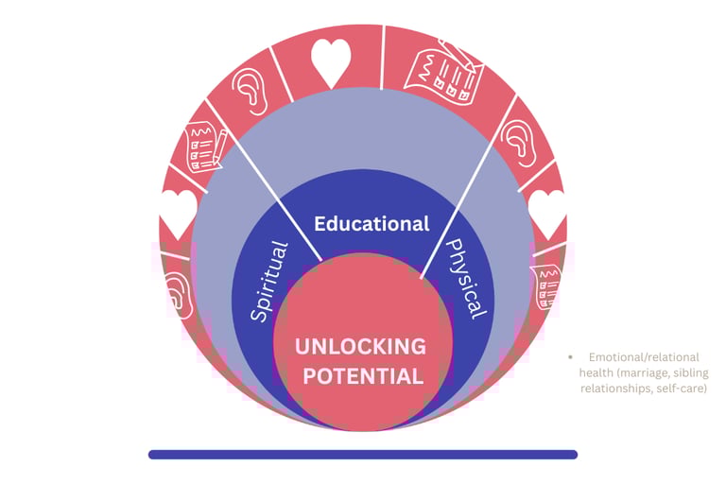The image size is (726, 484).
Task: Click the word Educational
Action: (372, 224)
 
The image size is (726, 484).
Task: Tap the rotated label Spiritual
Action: (268, 281)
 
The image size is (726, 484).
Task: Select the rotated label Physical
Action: (466, 278)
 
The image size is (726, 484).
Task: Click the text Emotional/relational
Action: (643, 357)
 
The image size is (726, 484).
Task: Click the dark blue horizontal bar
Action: (362, 455)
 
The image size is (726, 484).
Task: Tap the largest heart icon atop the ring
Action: (331, 62)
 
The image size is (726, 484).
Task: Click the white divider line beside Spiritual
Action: (264, 188)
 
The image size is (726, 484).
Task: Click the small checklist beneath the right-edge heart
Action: (545, 285)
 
